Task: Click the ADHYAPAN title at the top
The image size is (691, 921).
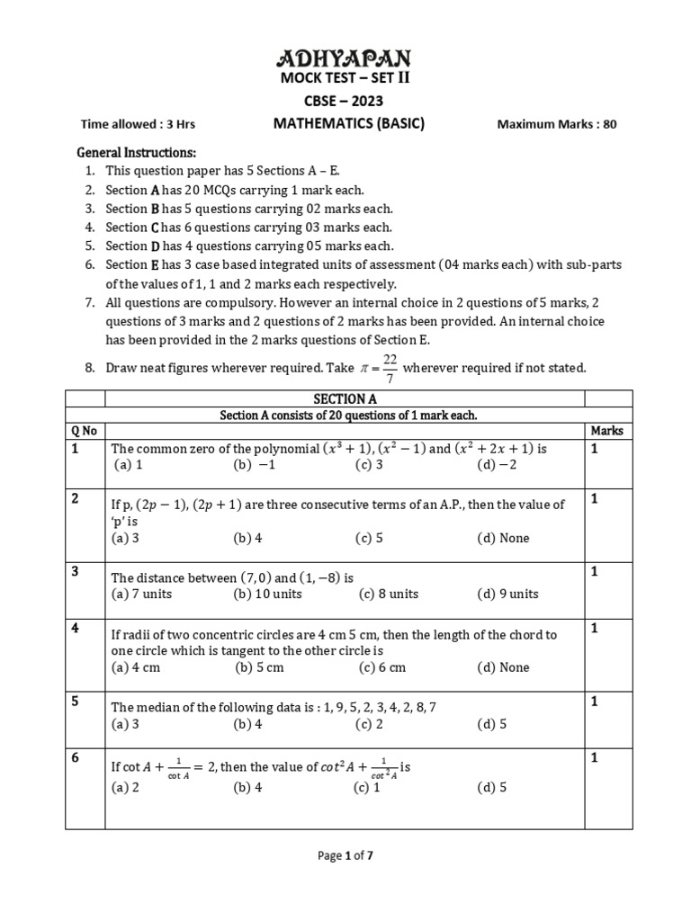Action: point(345,60)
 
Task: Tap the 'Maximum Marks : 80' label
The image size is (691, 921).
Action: point(557,125)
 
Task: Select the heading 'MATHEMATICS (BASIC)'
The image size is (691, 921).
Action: point(349,124)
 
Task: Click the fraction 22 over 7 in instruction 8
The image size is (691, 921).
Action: point(390,368)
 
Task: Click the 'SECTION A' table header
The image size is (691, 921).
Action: point(345,398)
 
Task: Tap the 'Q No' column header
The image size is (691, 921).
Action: point(82,431)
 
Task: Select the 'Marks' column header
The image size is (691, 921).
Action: point(606,431)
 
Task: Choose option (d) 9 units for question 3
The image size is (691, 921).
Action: point(507,594)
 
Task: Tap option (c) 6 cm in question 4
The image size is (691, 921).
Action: point(381,667)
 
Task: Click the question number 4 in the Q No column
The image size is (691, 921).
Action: point(76,628)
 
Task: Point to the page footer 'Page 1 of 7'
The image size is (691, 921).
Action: point(345,856)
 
